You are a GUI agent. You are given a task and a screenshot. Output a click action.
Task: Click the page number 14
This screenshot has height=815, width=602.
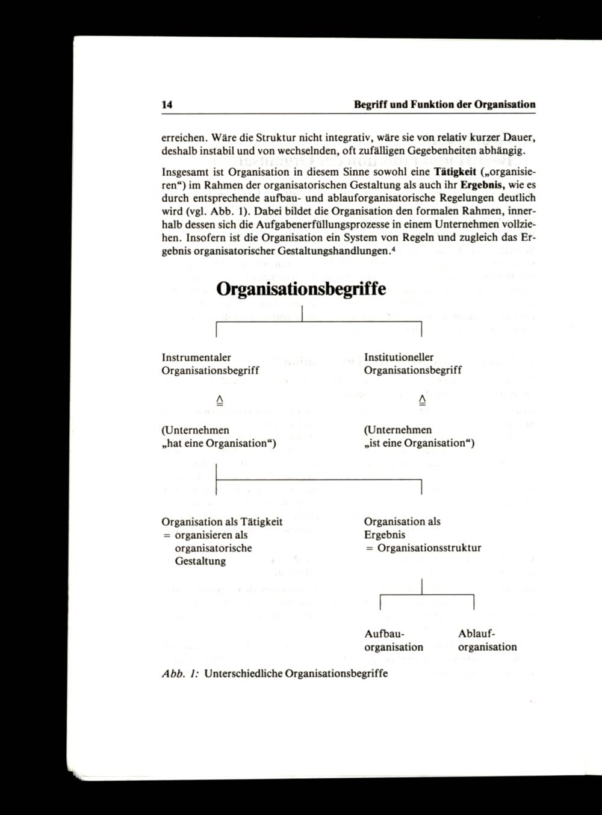[x=167, y=105]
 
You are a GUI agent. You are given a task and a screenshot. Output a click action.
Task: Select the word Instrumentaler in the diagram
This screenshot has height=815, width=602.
[x=196, y=358]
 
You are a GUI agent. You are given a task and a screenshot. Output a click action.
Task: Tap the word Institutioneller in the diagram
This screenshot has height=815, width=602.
[x=399, y=358]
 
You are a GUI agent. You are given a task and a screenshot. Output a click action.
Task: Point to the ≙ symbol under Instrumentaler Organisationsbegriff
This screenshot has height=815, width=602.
[x=219, y=400]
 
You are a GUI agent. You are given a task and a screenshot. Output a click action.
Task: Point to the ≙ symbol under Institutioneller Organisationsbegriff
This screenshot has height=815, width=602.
[x=421, y=400]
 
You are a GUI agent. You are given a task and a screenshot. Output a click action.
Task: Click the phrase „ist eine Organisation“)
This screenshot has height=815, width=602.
[x=419, y=444]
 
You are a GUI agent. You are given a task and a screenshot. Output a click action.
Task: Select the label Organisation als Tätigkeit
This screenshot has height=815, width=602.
[x=222, y=522]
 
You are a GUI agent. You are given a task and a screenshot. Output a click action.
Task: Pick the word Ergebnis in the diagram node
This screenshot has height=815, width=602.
[x=385, y=535]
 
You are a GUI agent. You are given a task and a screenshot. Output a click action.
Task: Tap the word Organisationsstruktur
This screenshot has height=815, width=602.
[x=429, y=548]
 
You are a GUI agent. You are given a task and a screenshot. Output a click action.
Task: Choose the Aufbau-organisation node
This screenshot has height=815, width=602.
[x=394, y=640]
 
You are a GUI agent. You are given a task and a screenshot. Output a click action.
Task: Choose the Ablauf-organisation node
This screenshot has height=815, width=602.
[x=487, y=640]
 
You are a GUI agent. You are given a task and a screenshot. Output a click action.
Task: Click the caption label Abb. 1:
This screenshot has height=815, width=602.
[x=181, y=674]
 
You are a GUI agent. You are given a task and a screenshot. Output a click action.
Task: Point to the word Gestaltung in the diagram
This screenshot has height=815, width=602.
[x=200, y=562]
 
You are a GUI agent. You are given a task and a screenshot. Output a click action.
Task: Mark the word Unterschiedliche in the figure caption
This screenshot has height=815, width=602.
[x=243, y=674]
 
